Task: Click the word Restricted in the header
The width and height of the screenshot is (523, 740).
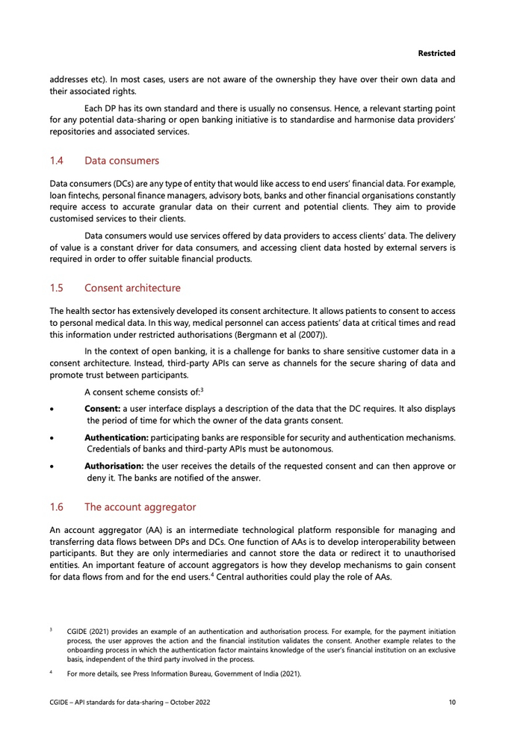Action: (x=436, y=54)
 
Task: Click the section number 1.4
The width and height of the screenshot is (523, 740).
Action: (x=57, y=161)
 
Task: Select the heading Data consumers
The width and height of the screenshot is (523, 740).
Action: (x=122, y=161)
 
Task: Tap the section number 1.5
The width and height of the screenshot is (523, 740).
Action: (x=57, y=288)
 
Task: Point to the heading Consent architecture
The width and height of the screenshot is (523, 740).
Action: (x=132, y=288)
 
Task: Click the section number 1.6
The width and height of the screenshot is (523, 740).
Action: (x=57, y=508)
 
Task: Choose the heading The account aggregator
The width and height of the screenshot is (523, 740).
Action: (x=140, y=508)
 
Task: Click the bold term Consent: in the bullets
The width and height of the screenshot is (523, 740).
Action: (x=102, y=409)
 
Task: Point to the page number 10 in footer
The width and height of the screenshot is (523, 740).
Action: (x=452, y=703)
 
